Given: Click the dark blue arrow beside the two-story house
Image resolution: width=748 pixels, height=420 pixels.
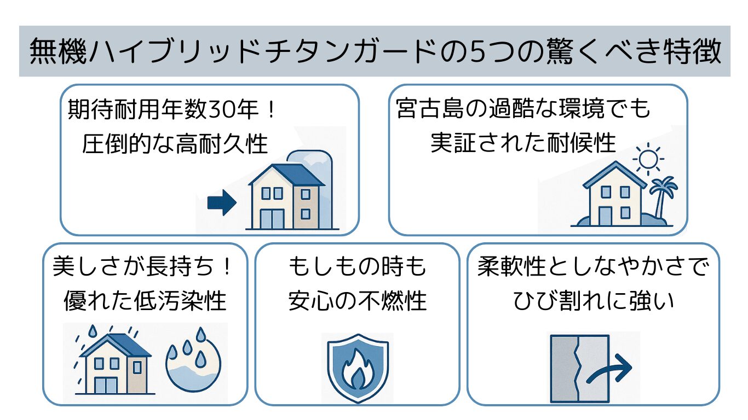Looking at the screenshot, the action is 222,202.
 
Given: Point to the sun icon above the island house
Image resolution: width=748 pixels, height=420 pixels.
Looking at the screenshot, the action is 648,159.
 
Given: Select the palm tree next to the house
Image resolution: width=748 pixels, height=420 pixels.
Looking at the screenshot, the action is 663,197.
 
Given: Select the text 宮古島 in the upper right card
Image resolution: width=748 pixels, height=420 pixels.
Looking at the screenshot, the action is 430,108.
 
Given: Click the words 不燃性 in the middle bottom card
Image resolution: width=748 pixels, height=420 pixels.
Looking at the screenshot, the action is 392,301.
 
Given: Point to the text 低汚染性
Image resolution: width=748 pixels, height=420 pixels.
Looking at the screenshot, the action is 180,301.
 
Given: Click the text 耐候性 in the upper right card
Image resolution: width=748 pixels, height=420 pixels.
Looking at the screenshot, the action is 582,143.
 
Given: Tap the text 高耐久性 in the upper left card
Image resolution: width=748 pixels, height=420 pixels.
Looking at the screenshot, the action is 222,144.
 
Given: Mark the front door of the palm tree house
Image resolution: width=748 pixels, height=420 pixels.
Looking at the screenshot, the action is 605,216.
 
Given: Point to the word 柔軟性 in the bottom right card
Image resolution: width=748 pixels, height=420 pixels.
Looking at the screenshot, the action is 511,267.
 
